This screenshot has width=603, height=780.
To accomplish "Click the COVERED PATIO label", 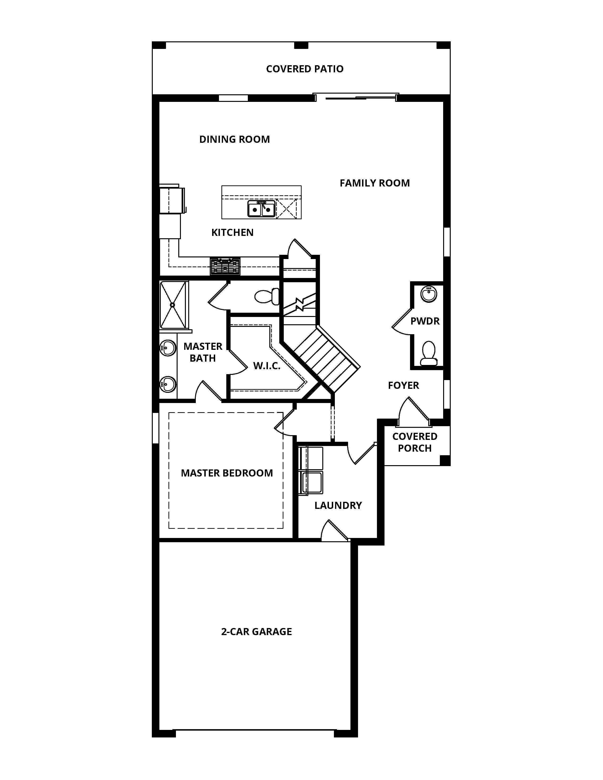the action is pyautogui.click(x=305, y=69).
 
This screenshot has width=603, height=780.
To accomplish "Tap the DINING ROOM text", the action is pyautogui.click(x=234, y=139).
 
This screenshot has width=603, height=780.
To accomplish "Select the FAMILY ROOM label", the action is pyautogui.click(x=375, y=183).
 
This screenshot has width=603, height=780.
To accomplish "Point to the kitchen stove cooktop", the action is pyautogui.click(x=225, y=266).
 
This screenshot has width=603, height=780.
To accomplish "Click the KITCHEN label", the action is pyautogui.click(x=232, y=233).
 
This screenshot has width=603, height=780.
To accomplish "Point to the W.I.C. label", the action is pyautogui.click(x=267, y=366).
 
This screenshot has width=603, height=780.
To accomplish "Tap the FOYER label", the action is pyautogui.click(x=403, y=385).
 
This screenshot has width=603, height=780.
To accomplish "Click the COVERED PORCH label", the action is pyautogui.click(x=415, y=442).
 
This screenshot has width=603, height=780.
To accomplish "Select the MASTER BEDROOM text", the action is pyautogui.click(x=227, y=473).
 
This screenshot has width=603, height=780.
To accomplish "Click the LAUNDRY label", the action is pyautogui.click(x=338, y=506).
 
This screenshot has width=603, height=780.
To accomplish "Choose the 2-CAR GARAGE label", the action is pyautogui.click(x=257, y=632).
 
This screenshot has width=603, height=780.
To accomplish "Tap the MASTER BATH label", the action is pyautogui.click(x=203, y=352).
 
